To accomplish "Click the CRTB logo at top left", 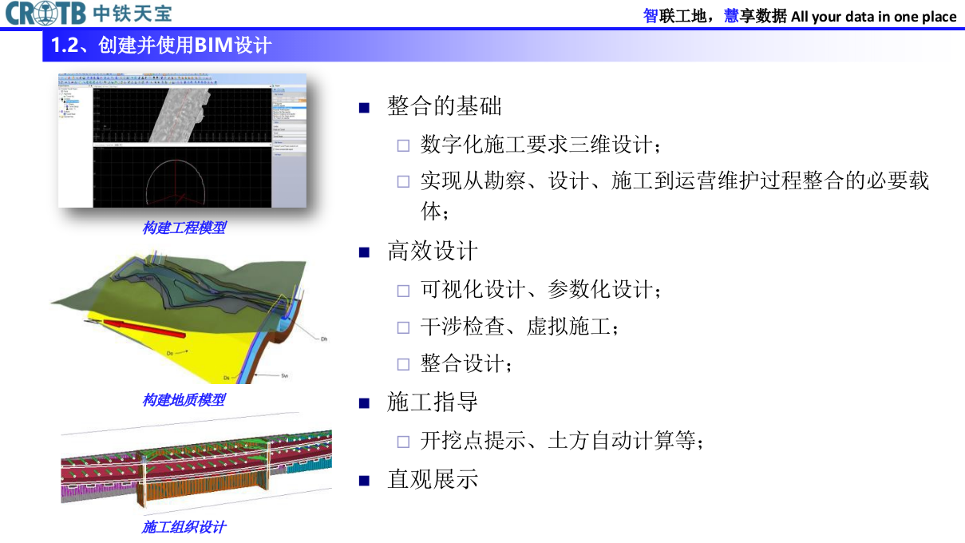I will (45, 14).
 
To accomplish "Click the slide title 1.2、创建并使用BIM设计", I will (160, 45).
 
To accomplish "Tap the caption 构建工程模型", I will (184, 228).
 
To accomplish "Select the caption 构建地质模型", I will (184, 399).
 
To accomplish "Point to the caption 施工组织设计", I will (184, 527).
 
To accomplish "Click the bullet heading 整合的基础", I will (444, 105).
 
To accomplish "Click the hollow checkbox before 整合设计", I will (403, 364).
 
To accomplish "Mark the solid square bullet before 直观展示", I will (365, 480).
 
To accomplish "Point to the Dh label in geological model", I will (323, 339).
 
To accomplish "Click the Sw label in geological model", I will (284, 375).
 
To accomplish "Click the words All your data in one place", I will (873, 16).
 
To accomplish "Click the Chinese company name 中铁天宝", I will (132, 14).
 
